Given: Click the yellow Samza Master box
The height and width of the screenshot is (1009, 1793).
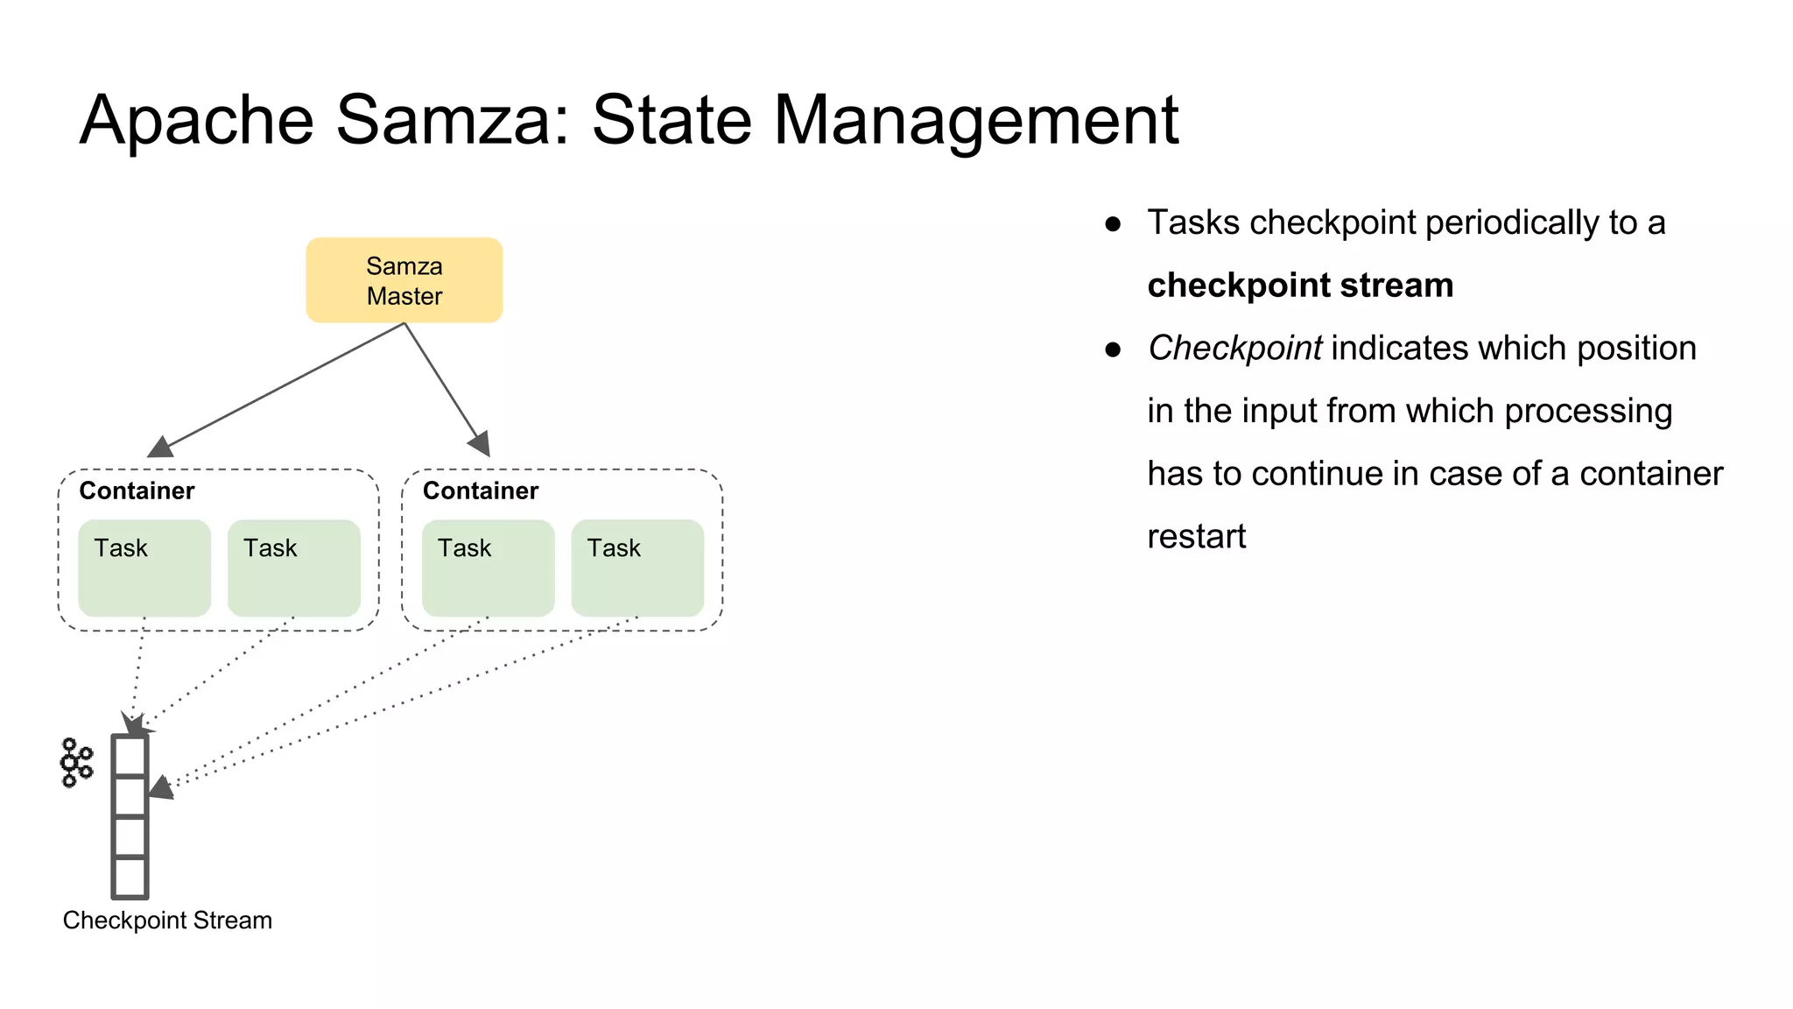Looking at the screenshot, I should pos(404,280).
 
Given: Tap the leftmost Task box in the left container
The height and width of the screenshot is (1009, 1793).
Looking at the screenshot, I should pos(144,568).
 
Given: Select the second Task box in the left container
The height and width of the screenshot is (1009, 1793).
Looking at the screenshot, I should pos(293,568).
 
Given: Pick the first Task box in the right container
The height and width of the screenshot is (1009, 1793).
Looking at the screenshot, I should pos(488,568).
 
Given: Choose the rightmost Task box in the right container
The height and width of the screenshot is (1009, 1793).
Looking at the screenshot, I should pos(637,568).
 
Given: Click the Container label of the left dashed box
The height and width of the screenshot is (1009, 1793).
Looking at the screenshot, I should pos(137,490).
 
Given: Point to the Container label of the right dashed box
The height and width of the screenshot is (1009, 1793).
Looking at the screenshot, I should pos(480,490).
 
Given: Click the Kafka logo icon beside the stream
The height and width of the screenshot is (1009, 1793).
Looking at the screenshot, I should pos(76,763).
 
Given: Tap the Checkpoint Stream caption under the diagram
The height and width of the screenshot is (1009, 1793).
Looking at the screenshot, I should pos(167,921).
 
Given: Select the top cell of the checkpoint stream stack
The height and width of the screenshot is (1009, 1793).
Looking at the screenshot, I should pos(130,756).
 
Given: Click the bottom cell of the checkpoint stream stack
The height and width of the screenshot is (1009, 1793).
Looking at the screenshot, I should pos(130,877).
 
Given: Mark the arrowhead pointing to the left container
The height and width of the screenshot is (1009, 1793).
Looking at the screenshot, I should pos(159,448).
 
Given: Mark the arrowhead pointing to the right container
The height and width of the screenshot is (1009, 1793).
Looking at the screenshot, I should pos(481,444).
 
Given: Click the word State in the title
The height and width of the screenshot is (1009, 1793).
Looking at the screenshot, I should pos(671,120).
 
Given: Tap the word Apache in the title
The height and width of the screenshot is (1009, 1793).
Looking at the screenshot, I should pos(196,120).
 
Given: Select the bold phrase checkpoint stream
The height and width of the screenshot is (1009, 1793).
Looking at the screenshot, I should pos(1300,286).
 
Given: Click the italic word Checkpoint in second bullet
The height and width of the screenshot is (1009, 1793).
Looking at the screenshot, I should pos(1234,348).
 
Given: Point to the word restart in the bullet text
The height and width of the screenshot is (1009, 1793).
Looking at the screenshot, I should pos(1196,536).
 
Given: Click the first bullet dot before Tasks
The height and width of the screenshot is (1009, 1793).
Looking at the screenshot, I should pos(1113,224).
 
